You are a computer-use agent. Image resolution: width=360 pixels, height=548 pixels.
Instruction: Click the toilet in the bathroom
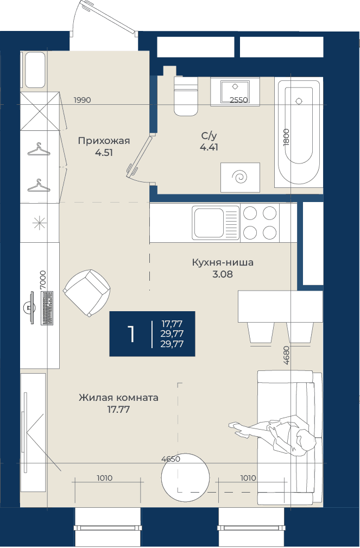coord(186,97)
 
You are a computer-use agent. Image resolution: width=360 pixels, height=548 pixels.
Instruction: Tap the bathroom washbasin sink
coord(235,92)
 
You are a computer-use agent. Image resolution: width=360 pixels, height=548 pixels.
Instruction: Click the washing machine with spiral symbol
coord(240,177)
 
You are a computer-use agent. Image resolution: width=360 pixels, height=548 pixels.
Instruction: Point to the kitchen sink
coord(216,223)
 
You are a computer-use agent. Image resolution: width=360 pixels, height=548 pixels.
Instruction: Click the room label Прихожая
coord(104,141)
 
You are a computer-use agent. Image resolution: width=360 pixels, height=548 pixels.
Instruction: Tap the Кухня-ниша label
coord(223,262)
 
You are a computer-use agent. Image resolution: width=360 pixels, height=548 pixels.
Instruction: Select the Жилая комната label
coord(118,398)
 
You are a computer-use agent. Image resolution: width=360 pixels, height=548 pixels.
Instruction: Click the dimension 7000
coord(43,279)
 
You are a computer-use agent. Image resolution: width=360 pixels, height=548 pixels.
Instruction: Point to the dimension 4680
coord(287,355)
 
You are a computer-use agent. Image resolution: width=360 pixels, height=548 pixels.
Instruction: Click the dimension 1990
coord(83,100)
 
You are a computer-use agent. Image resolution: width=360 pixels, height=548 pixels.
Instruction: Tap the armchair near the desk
coord(87,293)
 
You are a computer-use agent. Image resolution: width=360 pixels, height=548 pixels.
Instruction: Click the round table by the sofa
coord(185,477)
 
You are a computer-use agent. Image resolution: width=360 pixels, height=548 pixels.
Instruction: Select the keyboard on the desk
coord(47,308)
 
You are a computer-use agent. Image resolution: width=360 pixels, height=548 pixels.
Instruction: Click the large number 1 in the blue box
coord(131,334)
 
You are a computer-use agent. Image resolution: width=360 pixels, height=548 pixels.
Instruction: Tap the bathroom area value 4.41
coord(209,148)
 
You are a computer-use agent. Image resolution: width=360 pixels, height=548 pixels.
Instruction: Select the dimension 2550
coord(239,100)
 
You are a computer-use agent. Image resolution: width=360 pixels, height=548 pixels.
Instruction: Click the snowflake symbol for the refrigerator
coord(39,223)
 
